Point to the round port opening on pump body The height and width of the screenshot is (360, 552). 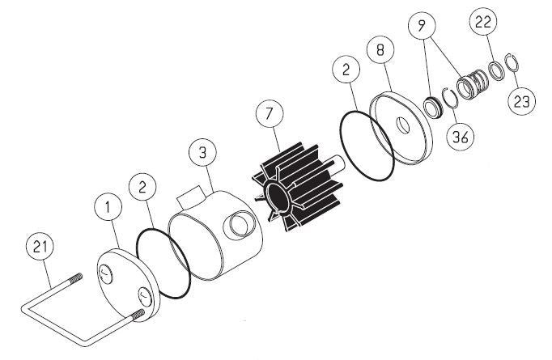tap(240, 227)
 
